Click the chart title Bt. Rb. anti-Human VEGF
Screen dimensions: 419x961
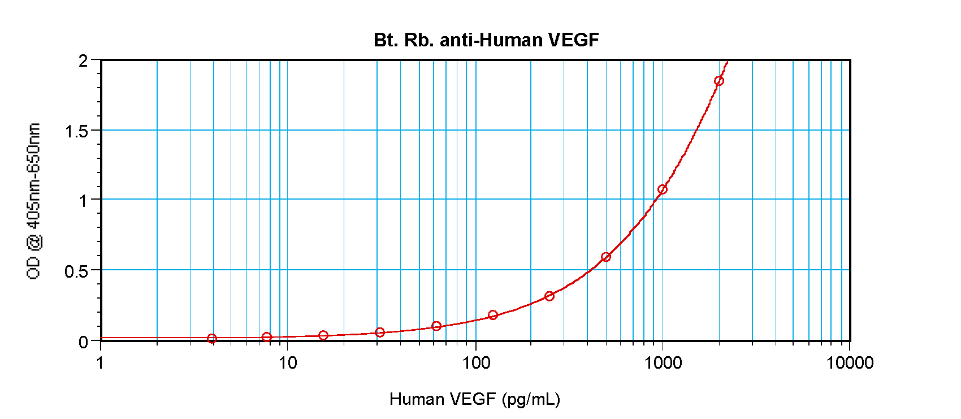coord(486,40)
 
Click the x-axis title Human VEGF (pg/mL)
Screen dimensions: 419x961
coord(474,399)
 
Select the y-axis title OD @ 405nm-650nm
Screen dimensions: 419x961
coord(34,201)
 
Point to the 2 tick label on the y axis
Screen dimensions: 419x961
coord(84,61)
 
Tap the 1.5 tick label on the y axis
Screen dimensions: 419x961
coord(76,131)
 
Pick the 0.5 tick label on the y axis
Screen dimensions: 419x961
coord(76,271)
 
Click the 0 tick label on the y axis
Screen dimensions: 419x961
coord(84,342)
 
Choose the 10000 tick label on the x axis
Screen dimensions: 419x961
coord(850,363)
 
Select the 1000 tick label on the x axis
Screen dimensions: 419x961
coord(663,363)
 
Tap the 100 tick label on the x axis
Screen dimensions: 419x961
coord(476,363)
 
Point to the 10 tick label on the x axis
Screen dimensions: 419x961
coord(288,363)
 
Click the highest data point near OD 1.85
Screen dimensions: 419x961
coord(719,81)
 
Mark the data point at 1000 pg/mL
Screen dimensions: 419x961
coord(663,189)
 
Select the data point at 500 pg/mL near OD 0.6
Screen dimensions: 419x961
coord(606,257)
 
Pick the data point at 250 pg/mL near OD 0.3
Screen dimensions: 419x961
coord(549,296)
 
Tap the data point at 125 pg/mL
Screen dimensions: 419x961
coord(493,315)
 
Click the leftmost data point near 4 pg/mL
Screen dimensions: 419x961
coord(212,339)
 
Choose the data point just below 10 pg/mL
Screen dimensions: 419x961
coord(267,337)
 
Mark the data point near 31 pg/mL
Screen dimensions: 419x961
coord(380,332)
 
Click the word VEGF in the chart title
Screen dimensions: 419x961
coord(574,40)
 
